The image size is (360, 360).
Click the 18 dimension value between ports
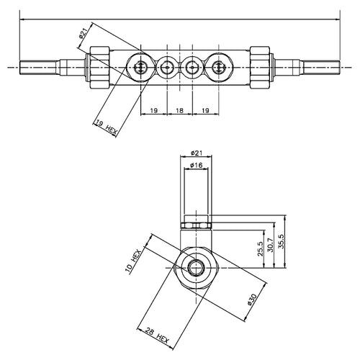pos(179,111)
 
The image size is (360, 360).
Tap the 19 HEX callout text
pos(107,127)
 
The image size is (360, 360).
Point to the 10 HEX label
pos(132,261)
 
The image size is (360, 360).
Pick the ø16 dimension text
pos(196,165)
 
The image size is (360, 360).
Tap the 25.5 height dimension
pos(261,249)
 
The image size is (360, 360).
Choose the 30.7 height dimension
pos(271,245)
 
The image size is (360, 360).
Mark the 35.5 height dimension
pos(281,241)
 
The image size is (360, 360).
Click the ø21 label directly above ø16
pos(197,153)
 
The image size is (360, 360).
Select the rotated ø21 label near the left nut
pos(84,33)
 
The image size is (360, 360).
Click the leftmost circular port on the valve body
pos(140,68)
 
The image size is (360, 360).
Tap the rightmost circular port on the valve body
pos(219,68)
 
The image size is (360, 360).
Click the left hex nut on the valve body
pos(100,68)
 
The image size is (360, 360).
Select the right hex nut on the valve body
pos(260,68)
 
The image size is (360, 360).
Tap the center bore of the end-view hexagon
pos(197,267)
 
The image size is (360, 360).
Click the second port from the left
pos(167,68)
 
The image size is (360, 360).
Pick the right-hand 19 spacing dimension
pos(205,111)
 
